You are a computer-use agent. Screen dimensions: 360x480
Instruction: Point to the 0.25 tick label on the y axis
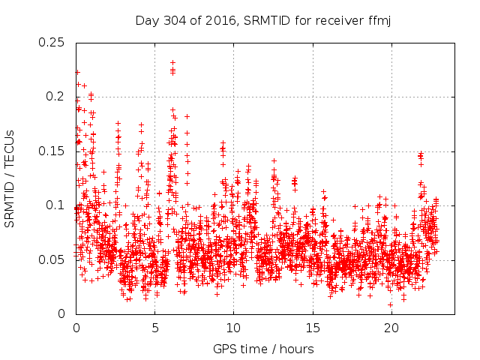[52, 43]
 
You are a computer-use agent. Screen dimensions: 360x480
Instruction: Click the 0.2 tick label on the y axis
[55, 97]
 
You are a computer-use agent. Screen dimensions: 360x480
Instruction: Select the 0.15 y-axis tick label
[52, 151]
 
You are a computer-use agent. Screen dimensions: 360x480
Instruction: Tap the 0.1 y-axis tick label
[55, 205]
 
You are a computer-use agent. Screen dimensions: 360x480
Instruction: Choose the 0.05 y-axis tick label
[52, 260]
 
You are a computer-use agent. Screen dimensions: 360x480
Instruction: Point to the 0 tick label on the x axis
[76, 328]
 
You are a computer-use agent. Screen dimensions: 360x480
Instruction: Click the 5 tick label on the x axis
[155, 328]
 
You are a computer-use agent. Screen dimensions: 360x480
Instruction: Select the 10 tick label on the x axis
[233, 328]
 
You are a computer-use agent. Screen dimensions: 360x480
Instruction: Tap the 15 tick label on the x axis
[312, 328]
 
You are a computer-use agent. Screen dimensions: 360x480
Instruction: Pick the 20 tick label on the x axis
[391, 328]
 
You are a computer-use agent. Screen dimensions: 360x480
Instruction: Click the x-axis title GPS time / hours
[263, 349]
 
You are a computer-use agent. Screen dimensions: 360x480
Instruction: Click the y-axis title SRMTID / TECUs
[10, 178]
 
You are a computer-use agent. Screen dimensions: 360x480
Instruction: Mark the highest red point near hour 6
[172, 63]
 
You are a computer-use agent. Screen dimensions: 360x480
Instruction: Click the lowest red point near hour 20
[390, 304]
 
